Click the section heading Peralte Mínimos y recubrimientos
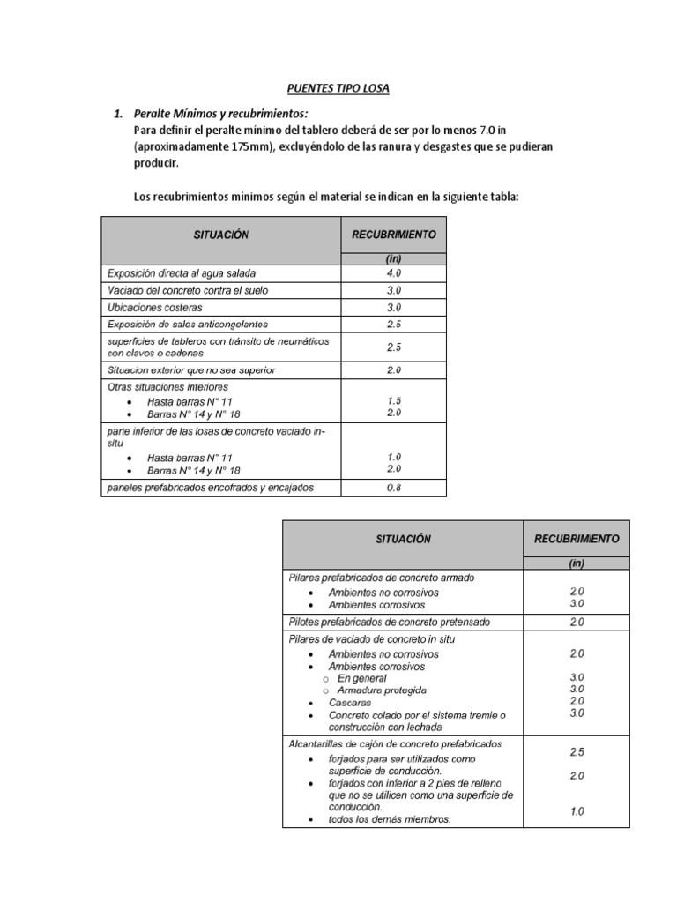(220, 115)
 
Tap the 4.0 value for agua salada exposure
(393, 273)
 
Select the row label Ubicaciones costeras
(154, 308)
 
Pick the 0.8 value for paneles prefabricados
(393, 487)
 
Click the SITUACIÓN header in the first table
(221, 235)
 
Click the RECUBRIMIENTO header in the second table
(577, 538)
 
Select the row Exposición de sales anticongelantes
(186, 325)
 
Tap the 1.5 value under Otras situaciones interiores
(393, 400)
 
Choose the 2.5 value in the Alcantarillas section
(577, 752)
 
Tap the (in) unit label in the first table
(393, 258)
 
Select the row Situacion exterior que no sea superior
(190, 369)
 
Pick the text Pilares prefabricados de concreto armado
(382, 578)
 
